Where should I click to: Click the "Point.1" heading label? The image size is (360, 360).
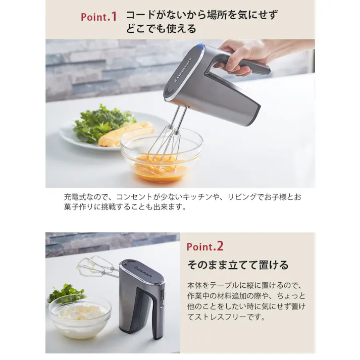pyautogui.click(x=98, y=17)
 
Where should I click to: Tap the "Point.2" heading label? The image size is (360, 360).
pyautogui.click(x=204, y=246)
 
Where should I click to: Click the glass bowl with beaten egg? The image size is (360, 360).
pyautogui.click(x=161, y=157)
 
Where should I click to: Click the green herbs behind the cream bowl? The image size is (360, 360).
pyautogui.click(x=66, y=292)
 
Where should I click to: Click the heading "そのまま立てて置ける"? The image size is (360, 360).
pyautogui.click(x=237, y=265)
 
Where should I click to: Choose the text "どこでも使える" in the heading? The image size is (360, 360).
pyautogui.click(x=161, y=29)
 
